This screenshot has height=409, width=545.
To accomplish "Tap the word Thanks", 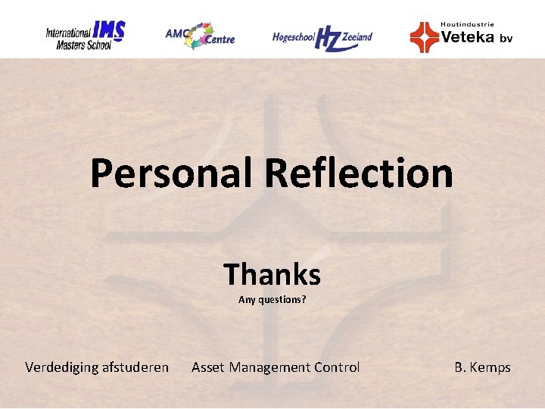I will pyautogui.click(x=272, y=274).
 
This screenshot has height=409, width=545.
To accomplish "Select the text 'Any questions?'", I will pyautogui.click(x=272, y=300).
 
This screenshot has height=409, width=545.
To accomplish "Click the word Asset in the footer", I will pyautogui.click(x=208, y=367).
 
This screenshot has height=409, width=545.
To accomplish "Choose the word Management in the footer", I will pyautogui.click(x=269, y=367).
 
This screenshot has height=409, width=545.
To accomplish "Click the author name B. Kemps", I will pyautogui.click(x=482, y=367).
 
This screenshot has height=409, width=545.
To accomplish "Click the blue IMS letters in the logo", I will pyautogui.click(x=108, y=31).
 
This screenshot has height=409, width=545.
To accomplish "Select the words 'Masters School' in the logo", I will pyautogui.click(x=83, y=45).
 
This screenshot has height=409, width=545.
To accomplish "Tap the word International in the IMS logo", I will pyautogui.click(x=68, y=33).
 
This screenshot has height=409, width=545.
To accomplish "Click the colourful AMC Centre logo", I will pyautogui.click(x=201, y=36).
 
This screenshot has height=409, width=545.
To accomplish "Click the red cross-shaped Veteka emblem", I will pyautogui.click(x=424, y=37).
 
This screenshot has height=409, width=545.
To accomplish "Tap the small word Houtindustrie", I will pyautogui.click(x=467, y=24).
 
